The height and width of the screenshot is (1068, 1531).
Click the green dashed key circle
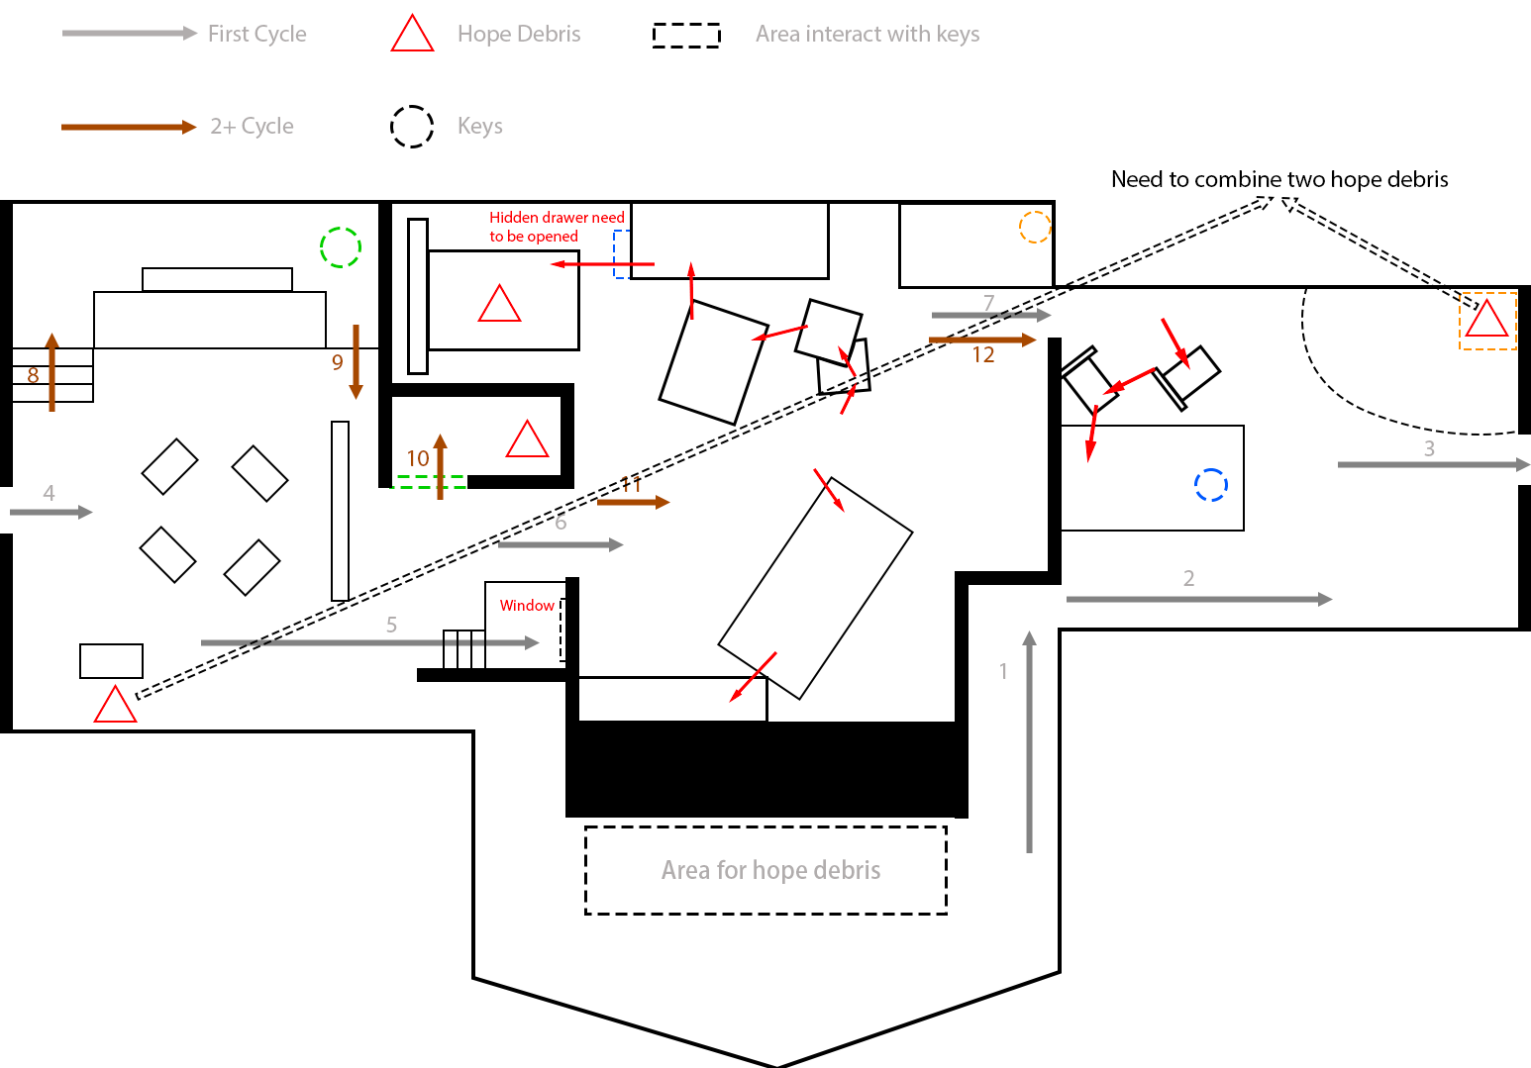point(340,246)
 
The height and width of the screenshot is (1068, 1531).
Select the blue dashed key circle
point(1210,484)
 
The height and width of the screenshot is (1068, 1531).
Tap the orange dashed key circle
point(1034,227)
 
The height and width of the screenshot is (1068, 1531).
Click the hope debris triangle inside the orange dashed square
point(1486,320)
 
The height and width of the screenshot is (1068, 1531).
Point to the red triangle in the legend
point(412,34)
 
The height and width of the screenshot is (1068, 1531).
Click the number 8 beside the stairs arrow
point(33,375)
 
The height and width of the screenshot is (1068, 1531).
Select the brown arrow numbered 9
point(356,361)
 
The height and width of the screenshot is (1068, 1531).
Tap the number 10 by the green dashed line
point(418,458)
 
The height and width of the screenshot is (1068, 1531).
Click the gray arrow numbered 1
point(1029,742)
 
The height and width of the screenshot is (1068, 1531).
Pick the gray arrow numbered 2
point(1198,599)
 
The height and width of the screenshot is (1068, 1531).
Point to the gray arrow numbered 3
point(1433,464)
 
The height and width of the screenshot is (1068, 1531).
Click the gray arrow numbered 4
point(51,512)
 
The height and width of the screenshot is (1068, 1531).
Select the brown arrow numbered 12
point(981,340)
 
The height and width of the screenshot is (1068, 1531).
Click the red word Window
point(527,605)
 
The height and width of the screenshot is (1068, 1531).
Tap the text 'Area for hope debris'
point(770,870)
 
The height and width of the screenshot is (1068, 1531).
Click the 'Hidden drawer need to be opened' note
point(557,227)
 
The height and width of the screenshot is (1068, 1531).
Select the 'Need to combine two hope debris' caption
point(1279,179)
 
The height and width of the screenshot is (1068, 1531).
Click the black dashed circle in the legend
point(412,127)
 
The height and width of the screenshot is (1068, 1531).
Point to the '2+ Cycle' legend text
point(252,127)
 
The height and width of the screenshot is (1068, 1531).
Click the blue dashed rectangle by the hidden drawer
point(621,254)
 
